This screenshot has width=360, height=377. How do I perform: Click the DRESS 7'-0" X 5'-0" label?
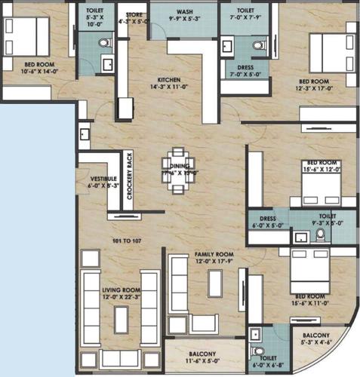coord(245,70)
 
